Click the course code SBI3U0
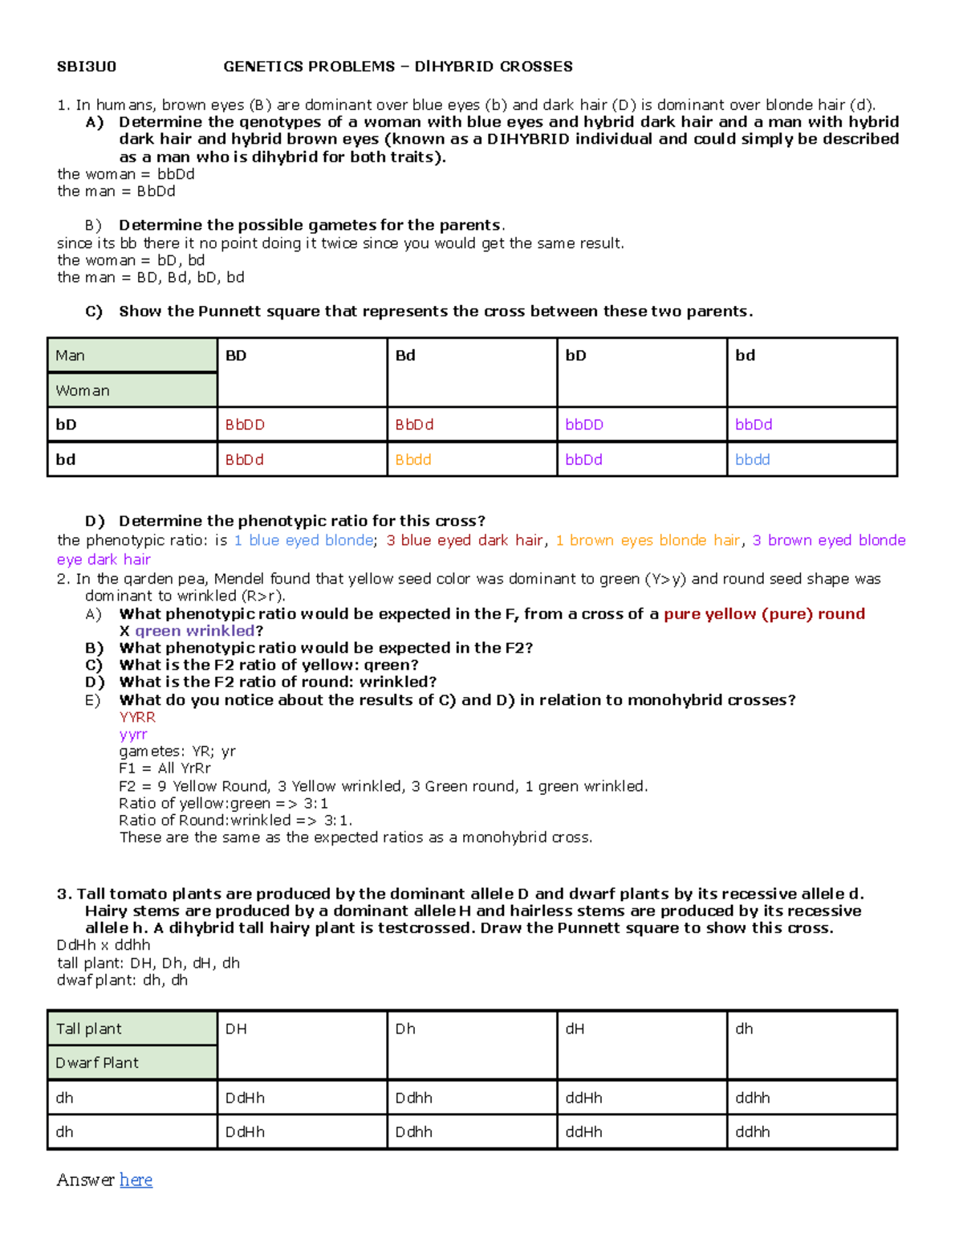(x=86, y=67)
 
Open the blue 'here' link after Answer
(x=136, y=1180)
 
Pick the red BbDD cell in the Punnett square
(x=245, y=425)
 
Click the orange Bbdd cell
(x=413, y=460)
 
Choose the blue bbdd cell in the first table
(x=753, y=460)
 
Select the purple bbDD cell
(x=584, y=425)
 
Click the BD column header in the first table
(x=236, y=356)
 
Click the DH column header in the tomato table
(x=236, y=1029)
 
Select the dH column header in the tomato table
(x=575, y=1029)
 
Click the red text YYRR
(x=137, y=717)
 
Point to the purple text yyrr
(x=133, y=734)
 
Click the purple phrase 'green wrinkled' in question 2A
(x=194, y=631)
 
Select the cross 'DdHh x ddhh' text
(x=104, y=945)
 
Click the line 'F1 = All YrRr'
(x=165, y=768)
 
